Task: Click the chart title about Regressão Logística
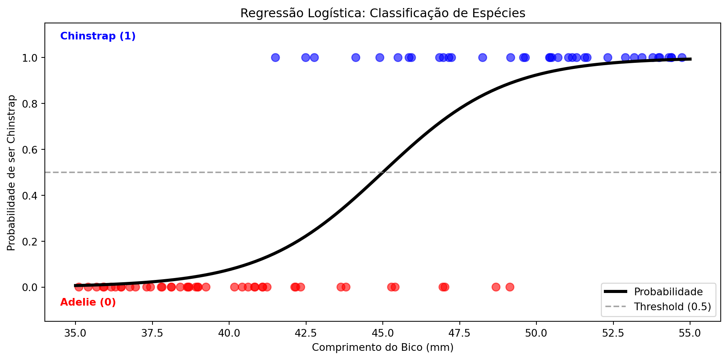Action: click(382, 13)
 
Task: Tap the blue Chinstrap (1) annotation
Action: click(98, 36)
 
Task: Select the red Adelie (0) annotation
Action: click(88, 302)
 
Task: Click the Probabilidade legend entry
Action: click(668, 292)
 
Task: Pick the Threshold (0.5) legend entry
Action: click(672, 307)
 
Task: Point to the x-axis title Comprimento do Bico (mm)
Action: click(382, 347)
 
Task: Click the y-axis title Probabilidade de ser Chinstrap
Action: click(11, 172)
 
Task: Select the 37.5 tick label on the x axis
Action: click(152, 333)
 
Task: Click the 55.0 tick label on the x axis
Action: click(690, 333)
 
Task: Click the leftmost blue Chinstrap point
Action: click(275, 57)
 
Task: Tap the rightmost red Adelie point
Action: click(510, 287)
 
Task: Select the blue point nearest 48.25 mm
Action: click(482, 57)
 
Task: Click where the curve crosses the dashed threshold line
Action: click(382, 172)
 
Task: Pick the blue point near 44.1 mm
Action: click(356, 57)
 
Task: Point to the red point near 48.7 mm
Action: click(496, 287)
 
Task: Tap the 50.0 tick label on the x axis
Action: click(536, 333)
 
